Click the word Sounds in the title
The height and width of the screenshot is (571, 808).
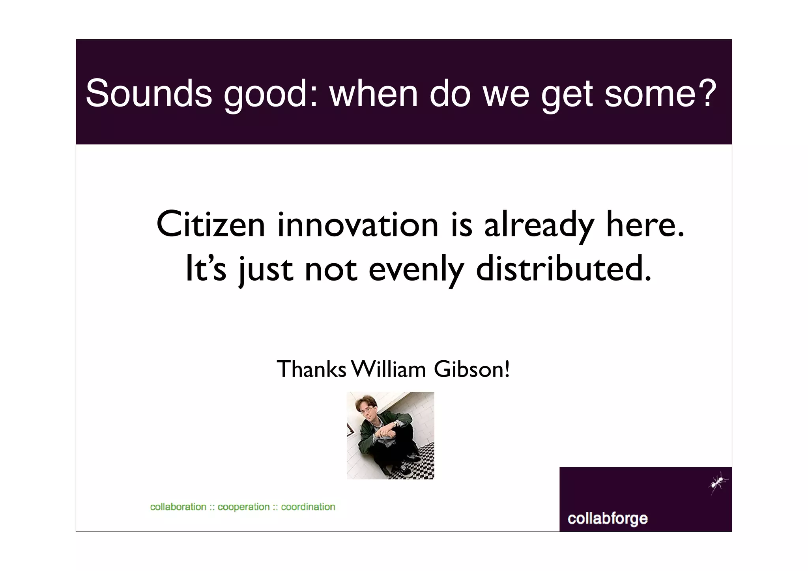click(x=149, y=93)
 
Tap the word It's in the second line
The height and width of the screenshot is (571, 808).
click(x=206, y=268)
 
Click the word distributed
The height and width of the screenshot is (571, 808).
click(x=563, y=268)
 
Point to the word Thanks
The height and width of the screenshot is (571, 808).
click(x=311, y=369)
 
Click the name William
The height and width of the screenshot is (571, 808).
click(x=389, y=369)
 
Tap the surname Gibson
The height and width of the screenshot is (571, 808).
click(x=471, y=369)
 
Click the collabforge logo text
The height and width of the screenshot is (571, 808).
click(x=607, y=518)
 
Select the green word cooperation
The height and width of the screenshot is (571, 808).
click(x=243, y=507)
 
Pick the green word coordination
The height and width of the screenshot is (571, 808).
click(x=308, y=507)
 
